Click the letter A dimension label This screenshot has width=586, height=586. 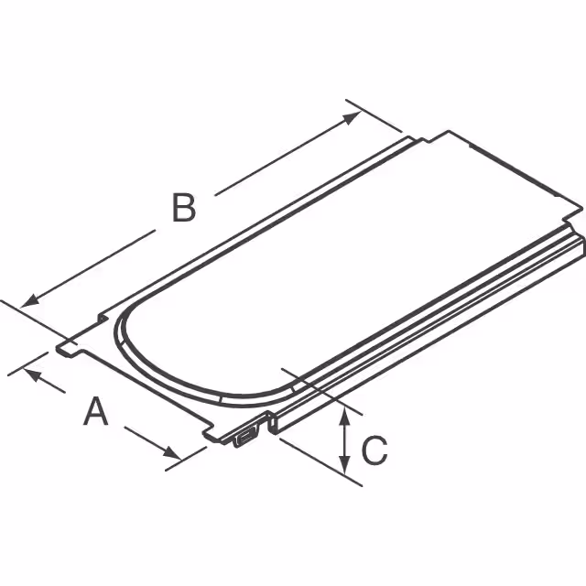(96, 413)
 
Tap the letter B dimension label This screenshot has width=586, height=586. (184, 209)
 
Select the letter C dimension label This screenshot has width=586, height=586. (374, 450)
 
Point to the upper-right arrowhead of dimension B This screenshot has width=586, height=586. (352, 117)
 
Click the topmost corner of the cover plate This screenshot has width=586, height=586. (448, 132)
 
